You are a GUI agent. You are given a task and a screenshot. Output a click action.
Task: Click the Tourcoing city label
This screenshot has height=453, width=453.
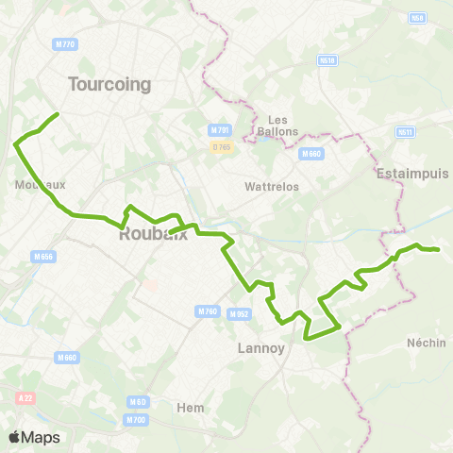point(109,84)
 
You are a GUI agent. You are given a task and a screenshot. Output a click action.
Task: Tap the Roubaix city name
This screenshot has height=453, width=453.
point(153,236)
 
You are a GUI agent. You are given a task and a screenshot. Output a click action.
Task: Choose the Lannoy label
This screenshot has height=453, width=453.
point(258,348)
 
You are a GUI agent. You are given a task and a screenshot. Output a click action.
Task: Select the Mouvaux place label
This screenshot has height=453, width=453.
point(41,185)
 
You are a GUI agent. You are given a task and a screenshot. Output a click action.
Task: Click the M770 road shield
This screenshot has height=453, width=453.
point(65,44)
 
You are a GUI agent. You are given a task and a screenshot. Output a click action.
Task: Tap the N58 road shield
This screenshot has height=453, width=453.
point(417,18)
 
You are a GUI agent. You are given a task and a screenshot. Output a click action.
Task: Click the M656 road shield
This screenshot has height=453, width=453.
point(42,256)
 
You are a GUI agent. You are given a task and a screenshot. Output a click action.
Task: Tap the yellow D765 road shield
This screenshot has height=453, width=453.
point(221,147)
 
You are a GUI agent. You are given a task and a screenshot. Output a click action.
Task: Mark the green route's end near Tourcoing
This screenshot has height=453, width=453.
point(58,114)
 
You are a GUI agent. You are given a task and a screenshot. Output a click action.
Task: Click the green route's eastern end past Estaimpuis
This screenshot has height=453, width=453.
point(438,249)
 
